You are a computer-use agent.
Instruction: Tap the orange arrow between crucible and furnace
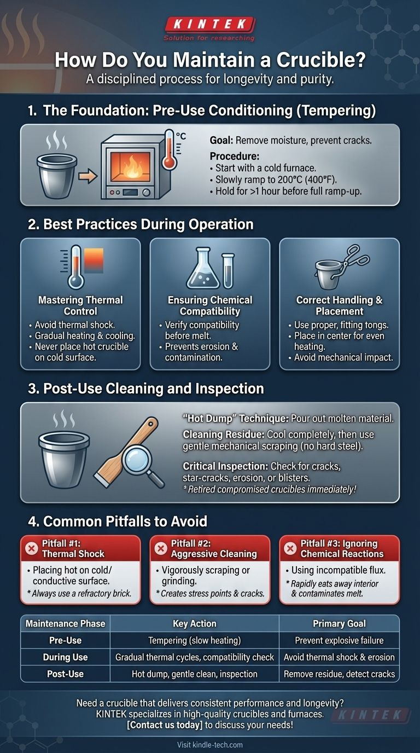(87, 176)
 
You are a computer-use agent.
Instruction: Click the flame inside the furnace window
(131, 166)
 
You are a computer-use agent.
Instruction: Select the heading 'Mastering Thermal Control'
(80, 305)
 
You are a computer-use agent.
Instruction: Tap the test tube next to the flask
(228, 270)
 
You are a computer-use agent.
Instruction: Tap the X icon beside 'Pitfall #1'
(32, 549)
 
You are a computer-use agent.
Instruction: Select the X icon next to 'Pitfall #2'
(161, 549)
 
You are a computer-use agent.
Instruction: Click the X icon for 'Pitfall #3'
(290, 549)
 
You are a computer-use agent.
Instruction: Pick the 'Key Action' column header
(195, 624)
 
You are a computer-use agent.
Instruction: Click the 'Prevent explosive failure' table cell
(339, 640)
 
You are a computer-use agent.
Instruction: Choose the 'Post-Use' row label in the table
(65, 674)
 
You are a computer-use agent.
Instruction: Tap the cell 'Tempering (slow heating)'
(195, 640)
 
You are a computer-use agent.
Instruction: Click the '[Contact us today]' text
(165, 725)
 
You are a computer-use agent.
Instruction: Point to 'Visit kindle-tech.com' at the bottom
(210, 745)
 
